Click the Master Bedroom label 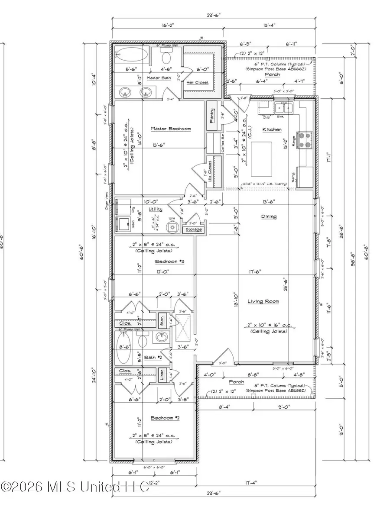[171, 129]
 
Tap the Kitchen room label [272, 129]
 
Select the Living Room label [263, 301]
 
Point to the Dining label [269, 216]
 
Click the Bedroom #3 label [169, 261]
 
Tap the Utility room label [156, 209]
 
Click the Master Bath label [159, 78]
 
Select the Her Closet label [197, 82]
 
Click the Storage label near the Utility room [193, 229]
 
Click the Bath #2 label [153, 356]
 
